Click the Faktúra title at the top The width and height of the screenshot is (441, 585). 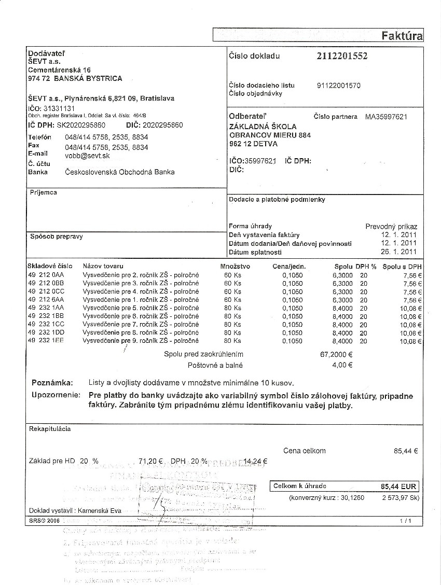tap(402, 36)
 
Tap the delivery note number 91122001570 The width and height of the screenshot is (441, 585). tap(338, 86)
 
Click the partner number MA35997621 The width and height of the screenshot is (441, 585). tap(386, 117)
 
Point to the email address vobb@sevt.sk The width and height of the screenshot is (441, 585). tap(87, 156)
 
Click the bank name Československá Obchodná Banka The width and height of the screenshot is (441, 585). tap(119, 172)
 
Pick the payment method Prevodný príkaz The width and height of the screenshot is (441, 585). tap(391, 227)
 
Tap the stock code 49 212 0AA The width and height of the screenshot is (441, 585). tap(46, 275)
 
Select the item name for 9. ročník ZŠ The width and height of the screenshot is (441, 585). tap(141, 341)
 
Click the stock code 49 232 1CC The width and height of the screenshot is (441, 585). tap(46, 325)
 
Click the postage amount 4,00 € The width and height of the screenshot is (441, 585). tap(342, 365)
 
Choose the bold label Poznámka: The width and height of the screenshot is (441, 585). tap(52, 383)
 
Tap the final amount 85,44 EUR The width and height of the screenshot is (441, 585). tap(398, 486)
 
